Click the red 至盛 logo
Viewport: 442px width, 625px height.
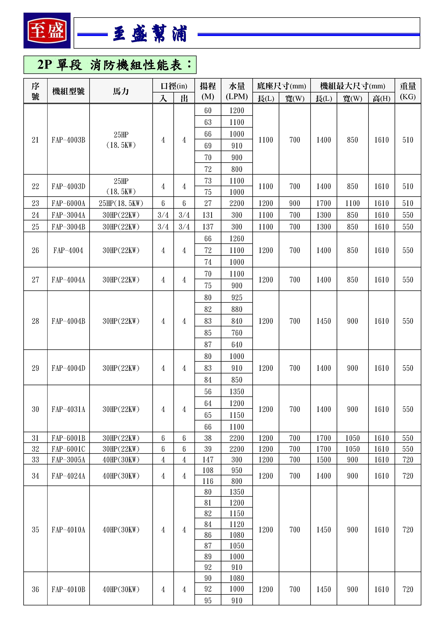47,30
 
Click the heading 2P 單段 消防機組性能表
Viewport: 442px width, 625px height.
110,65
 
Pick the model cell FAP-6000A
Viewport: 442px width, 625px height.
68,203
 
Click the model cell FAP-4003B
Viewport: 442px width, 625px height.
68,140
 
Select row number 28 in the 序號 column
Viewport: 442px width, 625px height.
35,321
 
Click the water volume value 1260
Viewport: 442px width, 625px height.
237,239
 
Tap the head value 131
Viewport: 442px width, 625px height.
208,215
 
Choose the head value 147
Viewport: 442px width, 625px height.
208,460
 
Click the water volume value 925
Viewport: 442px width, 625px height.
237,298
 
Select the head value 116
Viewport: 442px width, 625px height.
208,481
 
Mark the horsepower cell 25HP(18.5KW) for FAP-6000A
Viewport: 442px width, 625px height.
121,203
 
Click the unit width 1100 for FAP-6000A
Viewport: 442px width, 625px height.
352,203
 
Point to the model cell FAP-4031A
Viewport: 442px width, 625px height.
68,409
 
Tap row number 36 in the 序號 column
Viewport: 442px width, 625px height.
35,589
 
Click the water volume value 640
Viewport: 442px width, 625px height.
237,345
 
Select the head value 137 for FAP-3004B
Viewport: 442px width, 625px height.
208,227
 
